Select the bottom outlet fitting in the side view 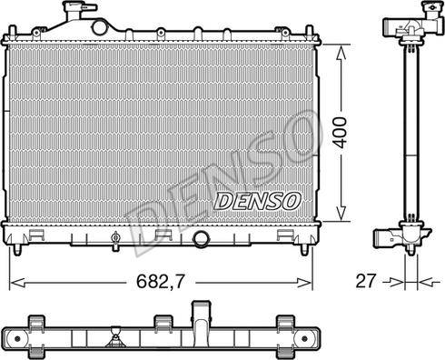[x=400, y=238]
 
